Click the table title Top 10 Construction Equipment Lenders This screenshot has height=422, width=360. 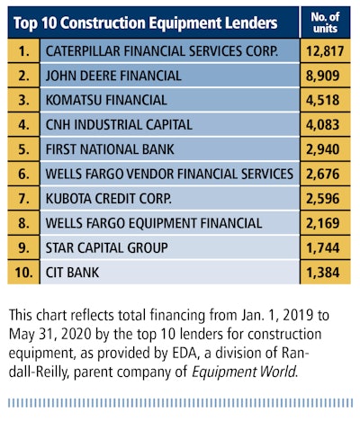(x=145, y=23)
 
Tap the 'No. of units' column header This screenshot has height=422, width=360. (x=325, y=22)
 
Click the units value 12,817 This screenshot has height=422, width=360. (x=325, y=51)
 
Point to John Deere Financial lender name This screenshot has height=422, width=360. (x=113, y=76)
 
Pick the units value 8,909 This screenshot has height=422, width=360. (x=323, y=76)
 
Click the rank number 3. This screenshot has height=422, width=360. (x=23, y=100)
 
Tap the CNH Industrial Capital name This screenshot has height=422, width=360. (x=119, y=125)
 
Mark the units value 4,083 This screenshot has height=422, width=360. (x=323, y=125)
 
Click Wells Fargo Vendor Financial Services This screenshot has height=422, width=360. (x=169, y=174)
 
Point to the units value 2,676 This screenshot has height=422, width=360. (x=323, y=174)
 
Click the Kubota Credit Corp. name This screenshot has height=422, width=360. (x=109, y=199)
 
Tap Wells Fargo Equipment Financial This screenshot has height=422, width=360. (x=154, y=223)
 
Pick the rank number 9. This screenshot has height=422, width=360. (x=23, y=247)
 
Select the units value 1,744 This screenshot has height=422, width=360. (x=323, y=247)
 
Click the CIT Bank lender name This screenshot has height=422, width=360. (x=72, y=273)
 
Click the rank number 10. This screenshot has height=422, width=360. (x=23, y=273)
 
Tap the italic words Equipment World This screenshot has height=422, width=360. (x=244, y=373)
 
